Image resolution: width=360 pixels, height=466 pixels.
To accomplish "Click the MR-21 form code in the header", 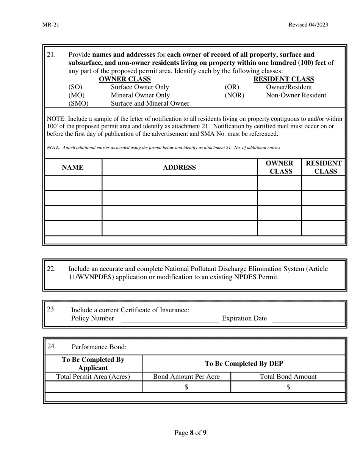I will [x=51, y=25].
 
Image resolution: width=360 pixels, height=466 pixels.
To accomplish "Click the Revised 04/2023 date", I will [x=308, y=25].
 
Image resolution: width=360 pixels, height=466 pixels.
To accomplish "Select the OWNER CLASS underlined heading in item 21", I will [x=125, y=79].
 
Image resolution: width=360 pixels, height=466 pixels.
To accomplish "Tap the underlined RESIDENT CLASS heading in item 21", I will [x=283, y=79].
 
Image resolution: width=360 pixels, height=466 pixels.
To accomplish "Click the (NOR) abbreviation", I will [x=235, y=95].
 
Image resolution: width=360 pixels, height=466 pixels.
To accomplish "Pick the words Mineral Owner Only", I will [x=140, y=95].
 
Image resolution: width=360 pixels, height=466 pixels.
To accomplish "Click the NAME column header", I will [x=73, y=167].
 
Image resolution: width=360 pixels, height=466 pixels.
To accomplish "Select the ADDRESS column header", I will [x=179, y=167].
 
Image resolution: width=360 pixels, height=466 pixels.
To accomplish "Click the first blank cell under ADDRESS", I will [x=179, y=183].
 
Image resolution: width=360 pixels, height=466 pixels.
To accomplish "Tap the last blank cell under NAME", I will [x=73, y=228].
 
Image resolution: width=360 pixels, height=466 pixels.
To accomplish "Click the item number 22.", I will [x=51, y=269].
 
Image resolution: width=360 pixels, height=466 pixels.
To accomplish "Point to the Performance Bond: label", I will [x=99, y=347].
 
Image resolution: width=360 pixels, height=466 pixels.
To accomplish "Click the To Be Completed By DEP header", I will [x=244, y=364].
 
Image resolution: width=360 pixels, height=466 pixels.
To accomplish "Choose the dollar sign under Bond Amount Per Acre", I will [x=186, y=387].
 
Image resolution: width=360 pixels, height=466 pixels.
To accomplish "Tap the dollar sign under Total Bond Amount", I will [x=288, y=387].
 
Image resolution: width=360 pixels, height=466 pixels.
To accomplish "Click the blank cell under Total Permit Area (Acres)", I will [x=93, y=387].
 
